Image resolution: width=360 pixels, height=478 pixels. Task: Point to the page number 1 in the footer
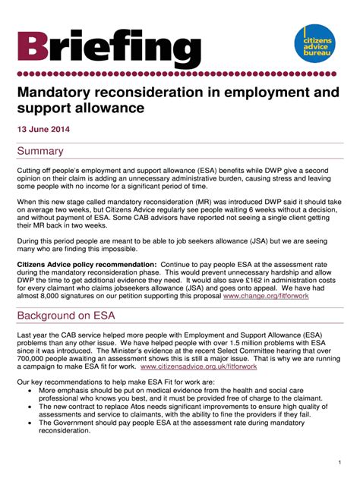(x=338, y=462)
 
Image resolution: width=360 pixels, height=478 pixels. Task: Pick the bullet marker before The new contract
(x=30, y=407)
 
